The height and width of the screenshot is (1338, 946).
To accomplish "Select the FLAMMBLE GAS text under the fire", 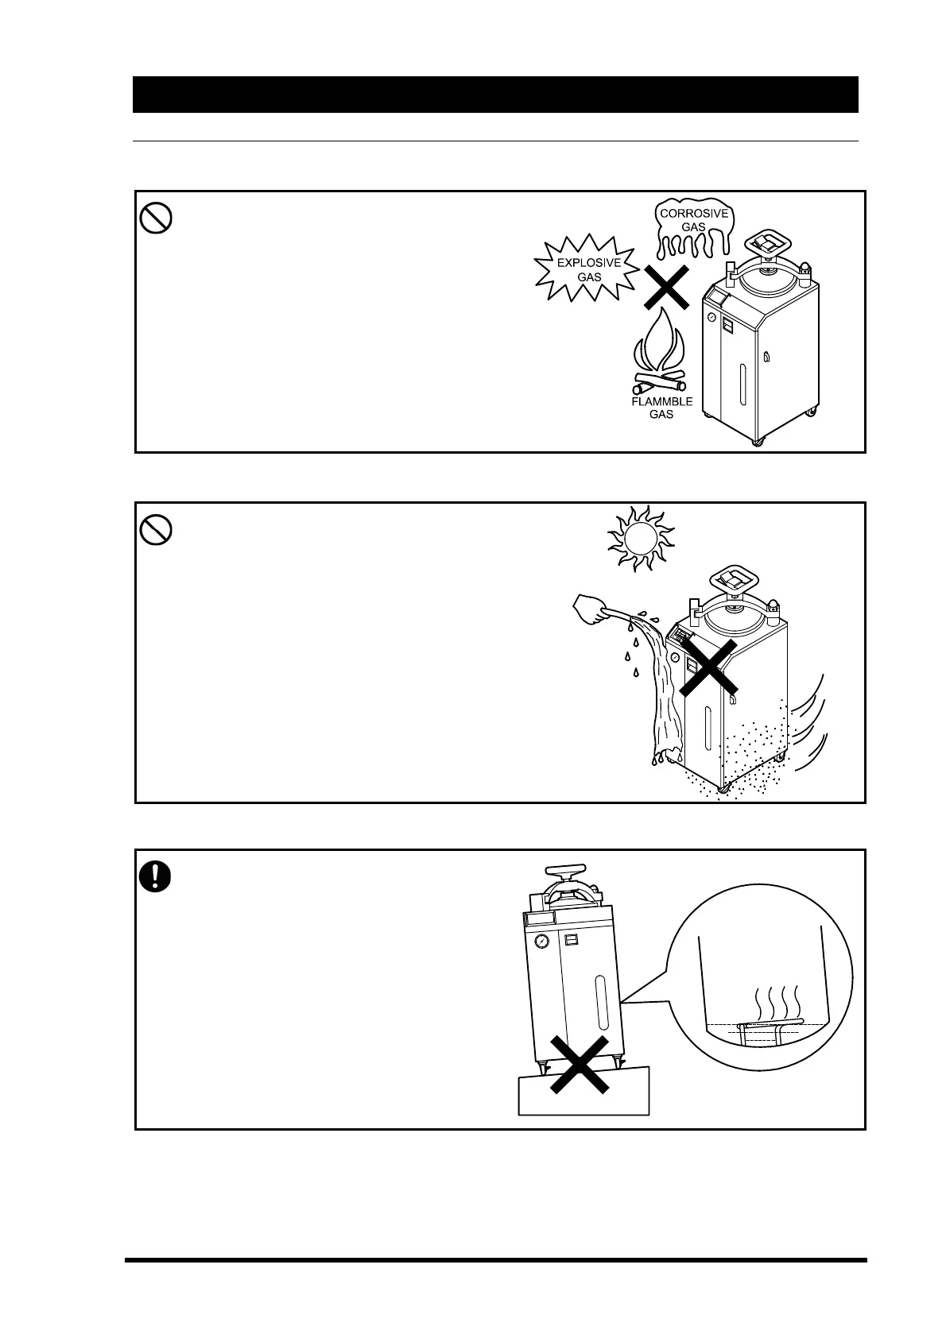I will (x=662, y=408).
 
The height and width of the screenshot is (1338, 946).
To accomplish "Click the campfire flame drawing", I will (x=660, y=350).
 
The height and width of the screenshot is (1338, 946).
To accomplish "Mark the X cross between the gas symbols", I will (x=665, y=287).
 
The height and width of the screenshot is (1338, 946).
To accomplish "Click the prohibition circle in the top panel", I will (x=157, y=218).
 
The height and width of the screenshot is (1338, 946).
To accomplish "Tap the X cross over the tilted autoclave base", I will (x=580, y=1065).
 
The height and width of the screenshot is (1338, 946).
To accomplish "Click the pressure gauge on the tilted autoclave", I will (x=541, y=941).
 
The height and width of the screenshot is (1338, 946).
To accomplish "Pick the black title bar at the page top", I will (x=495, y=95).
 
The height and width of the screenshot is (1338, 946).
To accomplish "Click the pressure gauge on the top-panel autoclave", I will (x=712, y=317).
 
